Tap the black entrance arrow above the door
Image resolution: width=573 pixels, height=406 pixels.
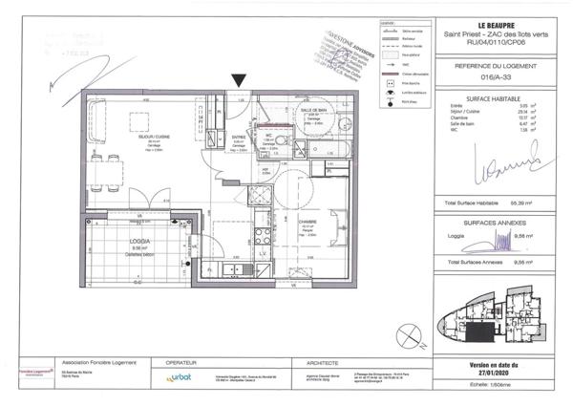pos(237,83)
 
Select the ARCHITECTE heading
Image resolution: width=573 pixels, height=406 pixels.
pos(327,363)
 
